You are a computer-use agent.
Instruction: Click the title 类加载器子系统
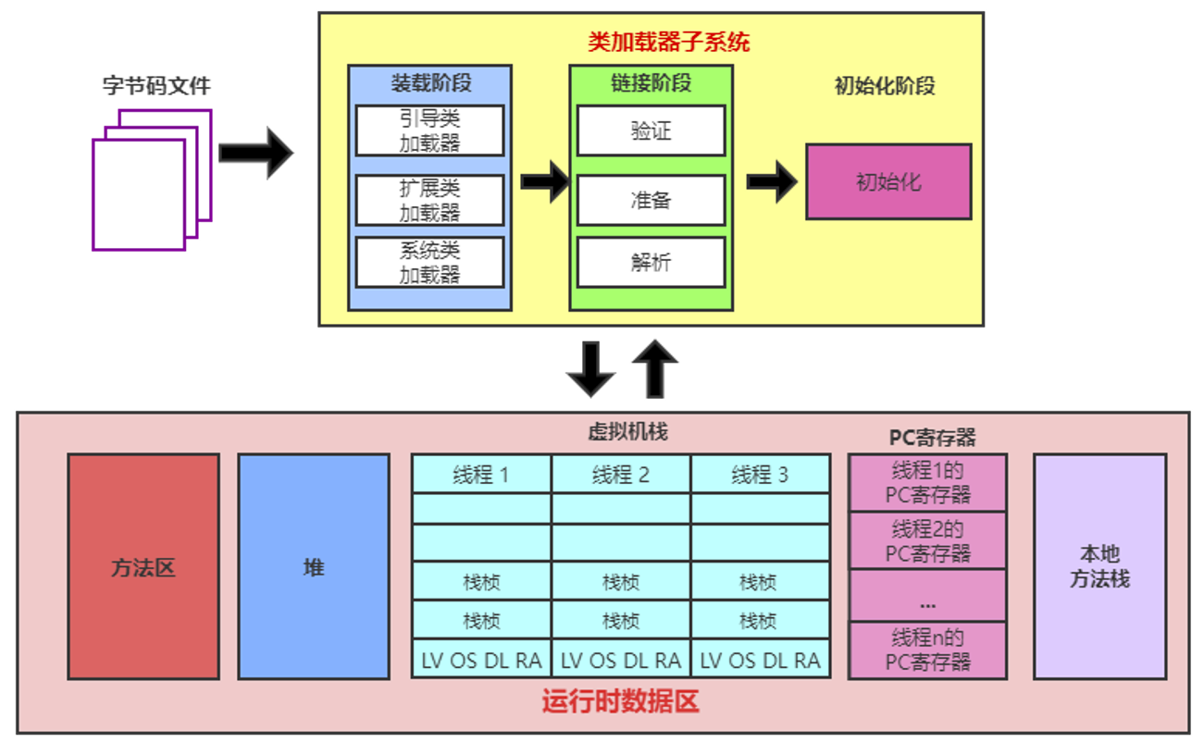(x=668, y=42)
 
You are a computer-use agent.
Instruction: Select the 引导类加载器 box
(x=429, y=130)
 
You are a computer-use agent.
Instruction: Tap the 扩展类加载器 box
(x=429, y=201)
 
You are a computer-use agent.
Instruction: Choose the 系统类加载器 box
(x=429, y=262)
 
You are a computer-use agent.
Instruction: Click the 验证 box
(x=651, y=130)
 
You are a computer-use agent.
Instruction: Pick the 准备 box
(x=651, y=200)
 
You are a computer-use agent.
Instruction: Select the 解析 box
(x=651, y=263)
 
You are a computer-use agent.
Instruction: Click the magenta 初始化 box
(x=888, y=181)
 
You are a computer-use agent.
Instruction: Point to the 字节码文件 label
(x=156, y=86)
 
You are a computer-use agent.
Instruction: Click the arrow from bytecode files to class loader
(x=255, y=153)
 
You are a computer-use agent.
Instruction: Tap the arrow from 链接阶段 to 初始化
(x=771, y=181)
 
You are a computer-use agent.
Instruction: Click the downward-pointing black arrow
(x=590, y=369)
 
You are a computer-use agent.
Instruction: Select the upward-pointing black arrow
(x=656, y=367)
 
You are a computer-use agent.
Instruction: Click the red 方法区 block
(x=143, y=566)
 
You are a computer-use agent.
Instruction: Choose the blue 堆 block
(x=314, y=566)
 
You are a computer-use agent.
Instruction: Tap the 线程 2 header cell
(x=621, y=475)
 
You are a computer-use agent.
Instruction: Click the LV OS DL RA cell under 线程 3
(x=760, y=660)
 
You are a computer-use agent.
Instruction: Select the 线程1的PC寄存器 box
(x=927, y=482)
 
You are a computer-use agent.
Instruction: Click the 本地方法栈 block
(x=1099, y=566)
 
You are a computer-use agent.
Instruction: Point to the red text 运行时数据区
(x=620, y=702)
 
